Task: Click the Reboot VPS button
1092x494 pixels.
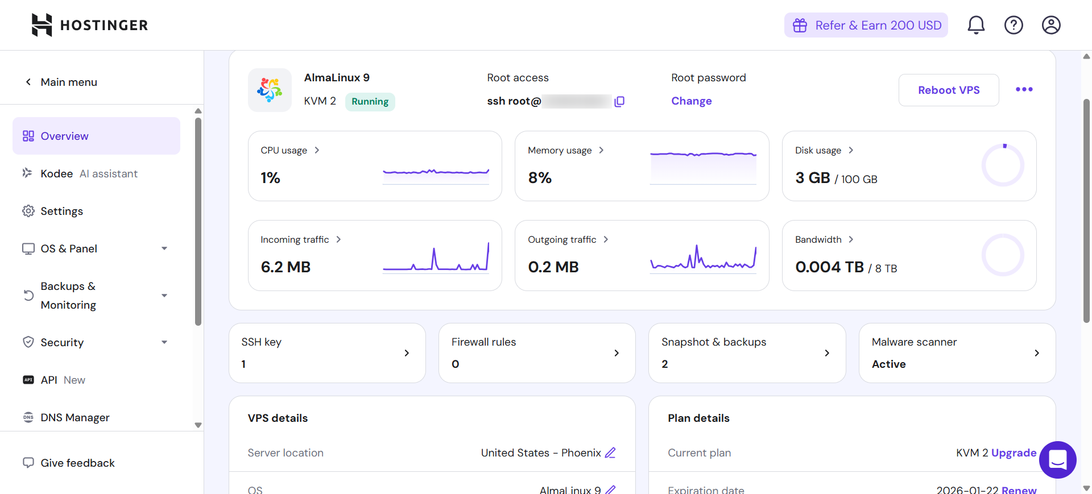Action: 948,90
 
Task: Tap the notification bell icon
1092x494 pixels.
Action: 976,25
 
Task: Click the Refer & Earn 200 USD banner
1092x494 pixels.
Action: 866,25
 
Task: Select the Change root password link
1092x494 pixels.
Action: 691,101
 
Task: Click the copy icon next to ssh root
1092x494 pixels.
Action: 619,101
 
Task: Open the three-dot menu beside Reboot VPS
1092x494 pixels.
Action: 1024,89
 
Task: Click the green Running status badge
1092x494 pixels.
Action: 370,101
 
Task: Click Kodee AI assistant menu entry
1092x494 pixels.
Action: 89,173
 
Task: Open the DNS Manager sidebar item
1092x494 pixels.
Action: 75,417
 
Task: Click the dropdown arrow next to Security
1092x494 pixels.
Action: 164,342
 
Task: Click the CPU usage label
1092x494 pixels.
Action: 284,150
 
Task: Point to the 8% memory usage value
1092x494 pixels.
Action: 539,178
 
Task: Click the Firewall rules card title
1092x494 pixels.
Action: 483,342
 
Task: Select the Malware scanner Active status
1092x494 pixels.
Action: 888,364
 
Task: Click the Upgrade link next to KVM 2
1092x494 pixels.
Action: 1014,453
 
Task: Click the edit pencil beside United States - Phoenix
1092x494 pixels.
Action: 610,453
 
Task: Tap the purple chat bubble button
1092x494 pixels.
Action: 1057,459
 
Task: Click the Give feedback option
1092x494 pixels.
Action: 77,463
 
